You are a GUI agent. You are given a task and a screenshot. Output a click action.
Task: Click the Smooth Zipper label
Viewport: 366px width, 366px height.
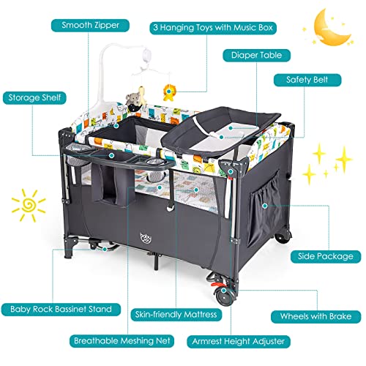click(90, 26)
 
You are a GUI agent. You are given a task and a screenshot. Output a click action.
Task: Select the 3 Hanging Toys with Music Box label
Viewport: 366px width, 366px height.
click(213, 28)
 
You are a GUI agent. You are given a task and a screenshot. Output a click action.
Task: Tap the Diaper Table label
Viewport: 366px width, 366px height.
click(257, 55)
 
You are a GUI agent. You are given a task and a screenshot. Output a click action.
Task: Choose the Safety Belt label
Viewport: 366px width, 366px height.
click(307, 80)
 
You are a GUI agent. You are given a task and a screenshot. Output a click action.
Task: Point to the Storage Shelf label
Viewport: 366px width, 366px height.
click(34, 98)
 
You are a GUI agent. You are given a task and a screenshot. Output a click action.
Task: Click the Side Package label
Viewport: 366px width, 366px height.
click(326, 256)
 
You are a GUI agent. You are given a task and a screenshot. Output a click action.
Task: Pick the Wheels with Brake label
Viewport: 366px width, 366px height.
click(315, 316)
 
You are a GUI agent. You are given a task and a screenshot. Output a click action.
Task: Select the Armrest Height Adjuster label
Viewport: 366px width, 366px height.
click(239, 341)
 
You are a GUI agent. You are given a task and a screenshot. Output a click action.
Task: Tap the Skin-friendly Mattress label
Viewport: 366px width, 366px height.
click(176, 314)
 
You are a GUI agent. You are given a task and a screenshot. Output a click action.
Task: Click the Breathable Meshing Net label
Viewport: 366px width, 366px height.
click(122, 340)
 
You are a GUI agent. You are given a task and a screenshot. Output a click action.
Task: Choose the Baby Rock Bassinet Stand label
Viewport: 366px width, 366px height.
click(61, 310)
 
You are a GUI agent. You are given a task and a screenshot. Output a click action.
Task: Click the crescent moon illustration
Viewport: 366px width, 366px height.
click(332, 28)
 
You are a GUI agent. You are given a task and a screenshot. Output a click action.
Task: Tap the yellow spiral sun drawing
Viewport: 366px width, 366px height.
click(29, 205)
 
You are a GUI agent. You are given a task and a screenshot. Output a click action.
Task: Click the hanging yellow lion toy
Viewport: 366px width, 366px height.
click(168, 92)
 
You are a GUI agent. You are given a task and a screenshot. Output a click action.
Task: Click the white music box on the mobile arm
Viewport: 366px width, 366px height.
click(147, 56)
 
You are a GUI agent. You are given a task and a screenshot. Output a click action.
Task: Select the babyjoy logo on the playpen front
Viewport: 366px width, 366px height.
click(146, 238)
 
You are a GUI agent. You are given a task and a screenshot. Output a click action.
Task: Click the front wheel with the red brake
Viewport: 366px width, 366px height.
click(223, 296)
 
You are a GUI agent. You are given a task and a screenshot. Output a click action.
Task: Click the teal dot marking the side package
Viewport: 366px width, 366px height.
click(265, 206)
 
